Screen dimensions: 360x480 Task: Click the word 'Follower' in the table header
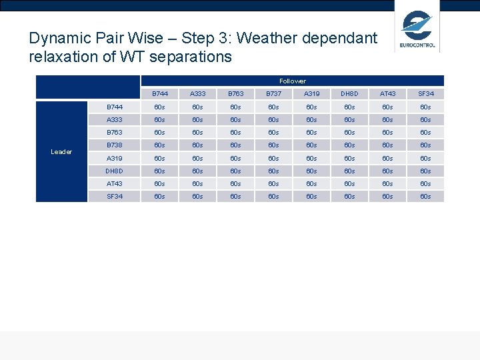pyautogui.click(x=293, y=81)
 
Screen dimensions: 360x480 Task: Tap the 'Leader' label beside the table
pyautogui.click(x=61, y=152)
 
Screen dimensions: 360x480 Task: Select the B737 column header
pyautogui.click(x=273, y=94)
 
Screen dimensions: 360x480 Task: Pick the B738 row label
pyautogui.click(x=115, y=145)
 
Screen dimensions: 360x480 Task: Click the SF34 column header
pyautogui.click(x=425, y=94)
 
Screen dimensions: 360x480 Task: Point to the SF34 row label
pyautogui.click(x=115, y=197)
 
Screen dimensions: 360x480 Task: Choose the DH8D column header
pyautogui.click(x=349, y=94)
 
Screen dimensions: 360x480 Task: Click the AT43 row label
pyautogui.click(x=115, y=184)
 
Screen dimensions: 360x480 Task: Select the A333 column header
pyautogui.click(x=197, y=94)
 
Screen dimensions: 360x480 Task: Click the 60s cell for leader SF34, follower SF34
pyautogui.click(x=425, y=197)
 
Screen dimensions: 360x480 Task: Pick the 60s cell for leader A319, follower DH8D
pyautogui.click(x=349, y=159)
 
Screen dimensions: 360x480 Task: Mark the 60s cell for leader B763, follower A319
pyautogui.click(x=311, y=133)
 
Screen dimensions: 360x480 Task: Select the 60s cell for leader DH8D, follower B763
pyautogui.click(x=235, y=171)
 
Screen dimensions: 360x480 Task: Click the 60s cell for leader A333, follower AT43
pyautogui.click(x=387, y=120)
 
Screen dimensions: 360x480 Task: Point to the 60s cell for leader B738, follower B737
pyautogui.click(x=273, y=145)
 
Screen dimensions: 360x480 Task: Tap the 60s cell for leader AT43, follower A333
pyautogui.click(x=197, y=184)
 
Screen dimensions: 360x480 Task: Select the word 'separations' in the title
pyautogui.click(x=193, y=57)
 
